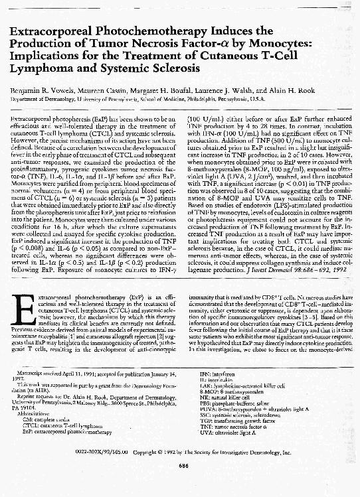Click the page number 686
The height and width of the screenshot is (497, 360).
point(180,464)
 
